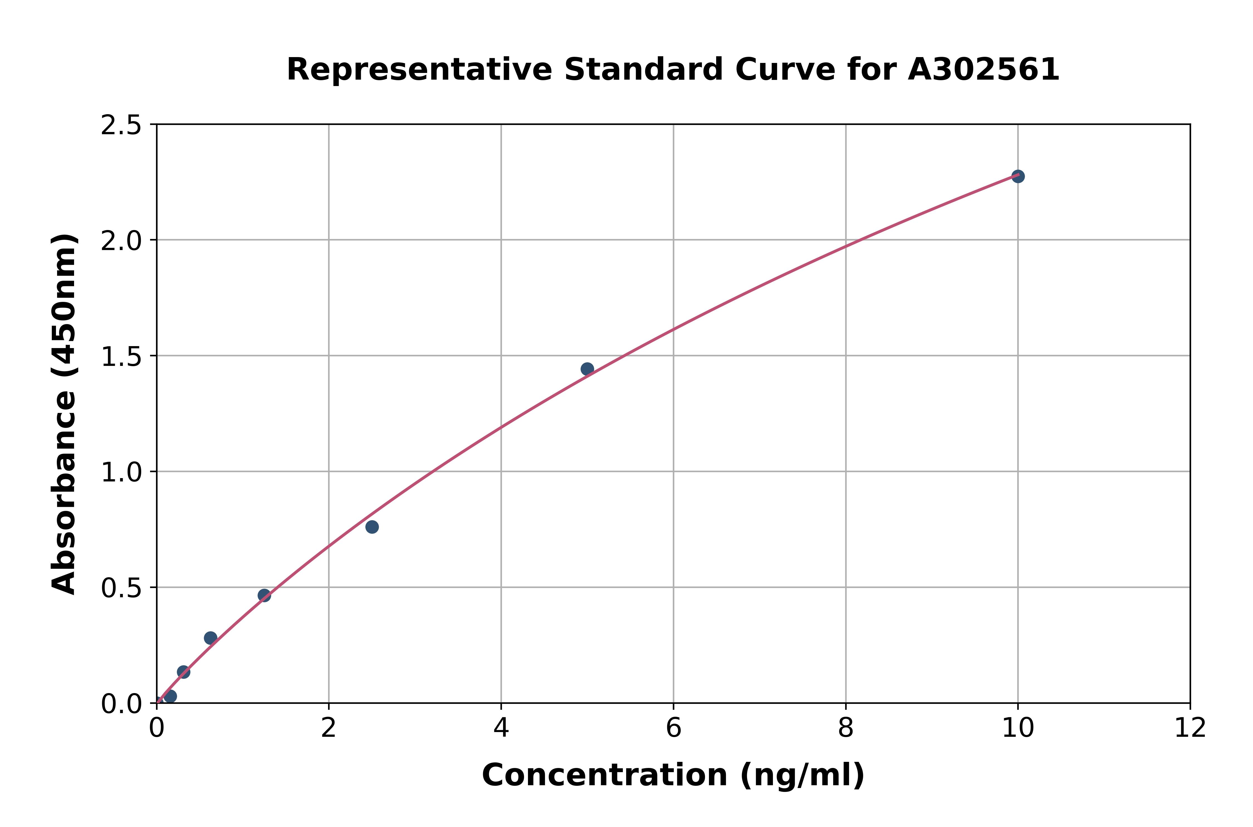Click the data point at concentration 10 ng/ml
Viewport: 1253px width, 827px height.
click(1018, 176)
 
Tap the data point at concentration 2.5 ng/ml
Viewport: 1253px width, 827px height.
click(372, 527)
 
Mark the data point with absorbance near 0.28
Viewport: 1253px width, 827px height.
click(211, 638)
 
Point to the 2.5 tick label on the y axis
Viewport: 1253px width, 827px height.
click(121, 126)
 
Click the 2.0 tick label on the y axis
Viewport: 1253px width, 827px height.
click(121, 241)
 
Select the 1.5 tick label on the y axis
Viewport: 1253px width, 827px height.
click(121, 357)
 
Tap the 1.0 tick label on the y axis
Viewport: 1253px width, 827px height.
click(121, 473)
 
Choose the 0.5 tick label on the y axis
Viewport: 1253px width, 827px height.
click(121, 588)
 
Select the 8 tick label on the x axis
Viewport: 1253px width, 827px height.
click(845, 729)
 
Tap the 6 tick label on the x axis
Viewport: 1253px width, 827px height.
click(674, 729)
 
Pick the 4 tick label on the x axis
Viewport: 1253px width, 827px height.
click(501, 729)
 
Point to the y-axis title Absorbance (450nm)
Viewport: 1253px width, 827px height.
click(64, 414)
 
